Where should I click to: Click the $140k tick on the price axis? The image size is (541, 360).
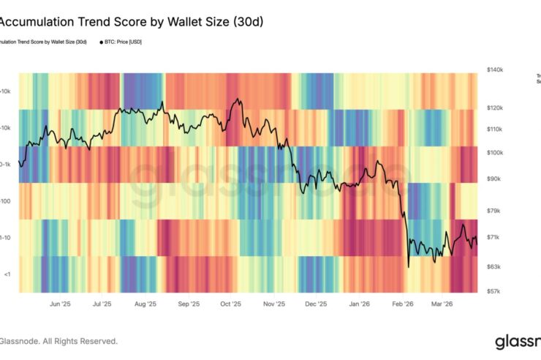click(493, 70)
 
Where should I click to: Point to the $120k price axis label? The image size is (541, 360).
click(493, 108)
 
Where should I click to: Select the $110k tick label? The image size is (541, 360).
click(493, 129)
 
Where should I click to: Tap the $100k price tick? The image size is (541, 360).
click(493, 152)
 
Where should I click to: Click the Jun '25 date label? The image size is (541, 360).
click(60, 304)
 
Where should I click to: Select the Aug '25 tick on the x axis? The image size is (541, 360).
click(146, 304)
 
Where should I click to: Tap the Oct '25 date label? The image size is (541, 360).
click(230, 304)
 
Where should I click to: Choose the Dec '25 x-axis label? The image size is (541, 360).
click(316, 304)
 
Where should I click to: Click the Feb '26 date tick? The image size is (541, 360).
click(402, 304)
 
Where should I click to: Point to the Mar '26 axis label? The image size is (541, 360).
click(442, 304)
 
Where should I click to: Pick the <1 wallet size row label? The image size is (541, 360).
click(7, 274)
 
